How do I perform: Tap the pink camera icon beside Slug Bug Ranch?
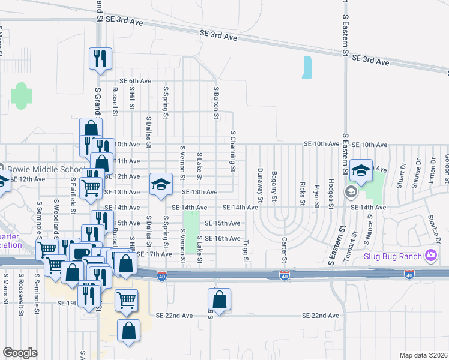point(430,256)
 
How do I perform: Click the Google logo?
point(20,352)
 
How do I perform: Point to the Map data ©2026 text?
point(423,355)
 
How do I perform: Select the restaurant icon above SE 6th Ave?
point(100,58)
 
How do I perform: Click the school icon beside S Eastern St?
point(361,171)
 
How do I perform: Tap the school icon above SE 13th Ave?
point(160,184)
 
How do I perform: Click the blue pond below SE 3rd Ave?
point(307,68)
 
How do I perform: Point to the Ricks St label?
point(303,193)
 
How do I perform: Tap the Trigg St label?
point(246,251)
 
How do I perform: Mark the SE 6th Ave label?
point(135,81)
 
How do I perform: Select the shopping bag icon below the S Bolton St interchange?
point(220,300)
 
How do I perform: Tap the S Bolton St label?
point(216,101)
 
